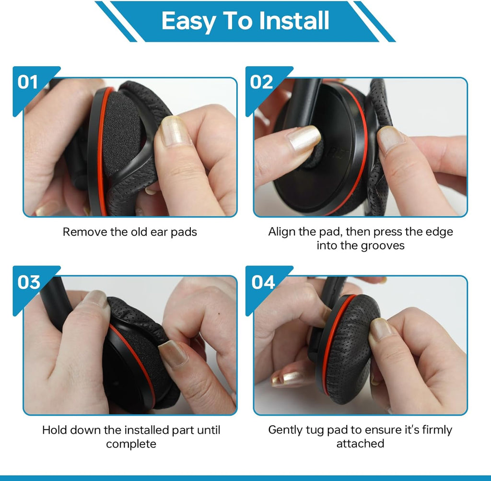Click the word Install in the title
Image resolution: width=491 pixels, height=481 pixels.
[294, 21]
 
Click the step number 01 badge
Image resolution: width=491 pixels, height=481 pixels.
[28, 82]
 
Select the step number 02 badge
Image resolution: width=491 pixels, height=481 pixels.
[261, 82]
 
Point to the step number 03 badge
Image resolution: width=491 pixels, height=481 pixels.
[29, 282]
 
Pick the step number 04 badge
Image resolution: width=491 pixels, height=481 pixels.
[263, 282]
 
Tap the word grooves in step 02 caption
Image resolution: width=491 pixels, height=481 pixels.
[383, 246]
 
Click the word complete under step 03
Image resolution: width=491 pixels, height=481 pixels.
[131, 445]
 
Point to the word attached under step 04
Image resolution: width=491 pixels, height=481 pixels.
[360, 444]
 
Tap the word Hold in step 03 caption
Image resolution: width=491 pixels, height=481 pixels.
[54, 430]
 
